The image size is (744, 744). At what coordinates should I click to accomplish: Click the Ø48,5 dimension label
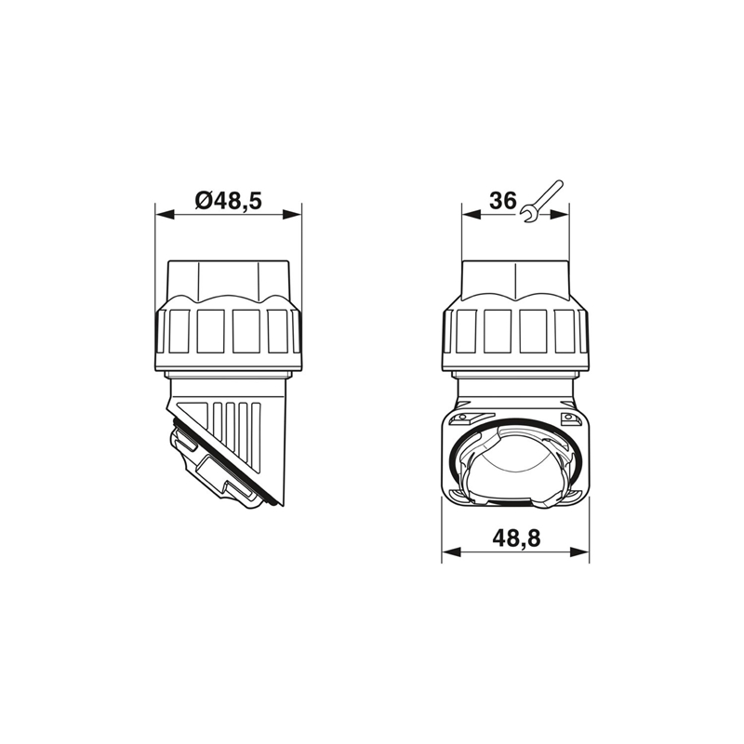(x=228, y=201)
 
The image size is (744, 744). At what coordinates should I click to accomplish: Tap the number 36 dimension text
(x=502, y=201)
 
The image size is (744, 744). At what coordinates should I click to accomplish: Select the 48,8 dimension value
(x=516, y=538)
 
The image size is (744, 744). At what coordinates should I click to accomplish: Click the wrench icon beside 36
(x=541, y=201)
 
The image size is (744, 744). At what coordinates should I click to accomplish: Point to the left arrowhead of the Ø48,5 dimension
(x=166, y=215)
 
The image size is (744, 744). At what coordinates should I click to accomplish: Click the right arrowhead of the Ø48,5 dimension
(x=292, y=215)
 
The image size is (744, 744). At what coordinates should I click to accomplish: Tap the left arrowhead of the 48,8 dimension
(x=451, y=551)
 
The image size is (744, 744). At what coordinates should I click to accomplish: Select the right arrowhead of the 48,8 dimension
(x=579, y=551)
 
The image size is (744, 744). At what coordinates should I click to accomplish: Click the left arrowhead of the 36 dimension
(x=472, y=215)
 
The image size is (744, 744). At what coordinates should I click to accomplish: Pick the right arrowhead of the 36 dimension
(x=560, y=215)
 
